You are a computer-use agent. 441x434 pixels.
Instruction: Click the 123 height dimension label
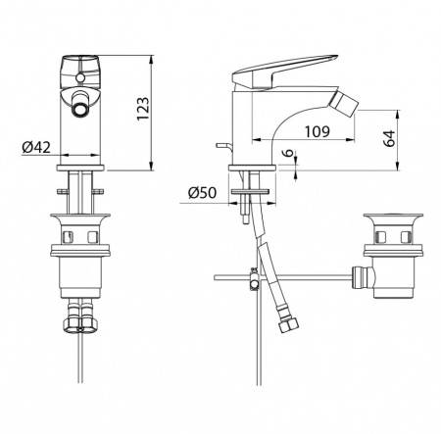point(143,109)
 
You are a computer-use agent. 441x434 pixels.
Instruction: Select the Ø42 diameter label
point(36,147)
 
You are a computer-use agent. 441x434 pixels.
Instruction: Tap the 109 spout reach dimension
point(318,131)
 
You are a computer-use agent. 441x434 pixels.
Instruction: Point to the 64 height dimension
point(389,138)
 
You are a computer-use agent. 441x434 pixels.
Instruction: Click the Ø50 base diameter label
point(202,193)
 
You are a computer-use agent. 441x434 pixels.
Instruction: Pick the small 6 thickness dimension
point(288,153)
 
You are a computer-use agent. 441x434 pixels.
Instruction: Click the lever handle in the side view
point(284,71)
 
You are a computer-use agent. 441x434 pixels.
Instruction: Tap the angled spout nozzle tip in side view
point(347,104)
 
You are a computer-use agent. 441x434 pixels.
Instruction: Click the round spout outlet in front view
point(80,109)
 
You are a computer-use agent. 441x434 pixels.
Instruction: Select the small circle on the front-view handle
point(80,77)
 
